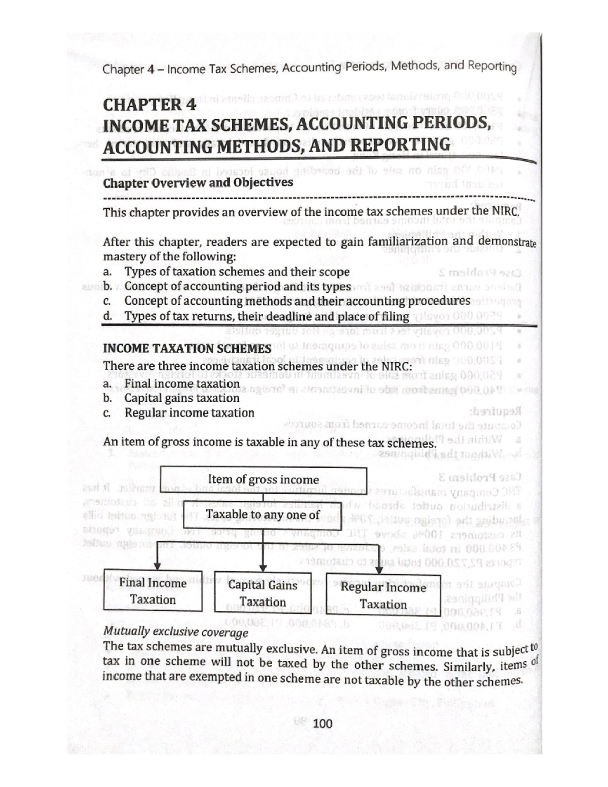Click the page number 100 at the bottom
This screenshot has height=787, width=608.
pos(323,723)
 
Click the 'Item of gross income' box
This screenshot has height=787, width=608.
pos(263,479)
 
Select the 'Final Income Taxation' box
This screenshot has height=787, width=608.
pos(153,591)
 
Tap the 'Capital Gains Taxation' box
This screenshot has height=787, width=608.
pos(262,593)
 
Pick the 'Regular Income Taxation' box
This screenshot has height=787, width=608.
pos(383,595)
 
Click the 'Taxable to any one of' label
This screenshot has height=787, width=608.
pos(263,515)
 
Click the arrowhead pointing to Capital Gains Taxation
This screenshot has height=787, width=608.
pos(263,567)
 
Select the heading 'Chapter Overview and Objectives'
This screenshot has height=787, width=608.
pos(198,182)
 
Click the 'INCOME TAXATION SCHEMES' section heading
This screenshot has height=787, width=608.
pos(187,349)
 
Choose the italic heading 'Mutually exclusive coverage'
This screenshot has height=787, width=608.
pos(175,632)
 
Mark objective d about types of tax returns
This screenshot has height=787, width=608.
pos(267,317)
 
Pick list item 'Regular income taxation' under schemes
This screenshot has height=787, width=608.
pos(189,413)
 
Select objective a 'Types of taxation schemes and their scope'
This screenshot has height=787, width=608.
pos(237,272)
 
